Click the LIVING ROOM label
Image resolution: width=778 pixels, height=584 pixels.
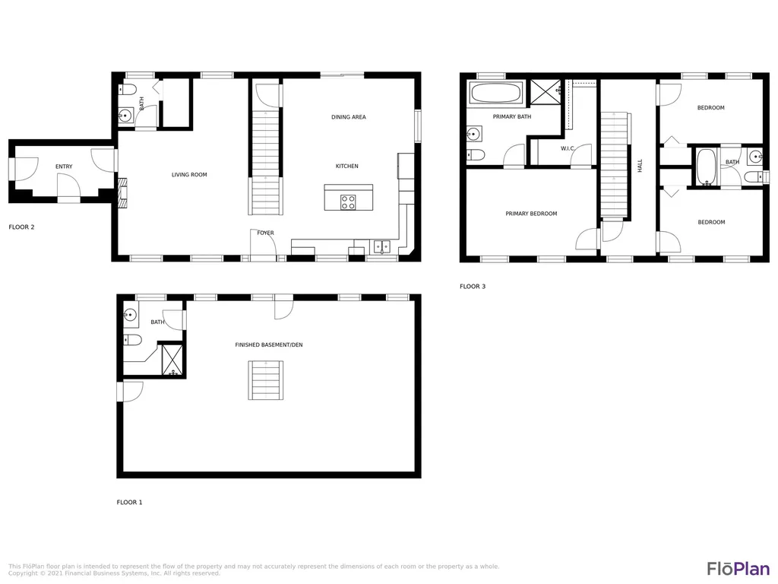[189, 175]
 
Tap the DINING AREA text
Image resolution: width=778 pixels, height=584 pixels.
[348, 117]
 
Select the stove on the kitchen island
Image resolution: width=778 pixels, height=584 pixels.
[348, 202]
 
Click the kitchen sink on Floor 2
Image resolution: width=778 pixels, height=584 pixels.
[381, 246]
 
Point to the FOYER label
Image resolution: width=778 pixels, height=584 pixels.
[265, 233]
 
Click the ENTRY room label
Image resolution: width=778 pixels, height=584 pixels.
[64, 167]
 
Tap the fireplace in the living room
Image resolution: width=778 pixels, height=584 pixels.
[122, 192]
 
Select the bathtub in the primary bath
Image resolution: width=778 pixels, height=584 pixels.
[495, 93]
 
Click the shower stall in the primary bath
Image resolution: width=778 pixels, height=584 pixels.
[546, 92]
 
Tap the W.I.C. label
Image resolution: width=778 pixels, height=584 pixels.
[568, 148]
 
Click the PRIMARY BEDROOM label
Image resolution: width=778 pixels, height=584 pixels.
[531, 214]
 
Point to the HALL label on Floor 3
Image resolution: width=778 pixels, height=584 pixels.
[640, 165]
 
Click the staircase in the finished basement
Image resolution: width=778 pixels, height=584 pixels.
[266, 380]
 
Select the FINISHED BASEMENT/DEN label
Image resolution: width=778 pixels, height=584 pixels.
[269, 344]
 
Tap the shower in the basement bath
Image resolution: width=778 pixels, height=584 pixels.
[172, 360]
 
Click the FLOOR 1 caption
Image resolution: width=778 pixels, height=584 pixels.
[129, 503]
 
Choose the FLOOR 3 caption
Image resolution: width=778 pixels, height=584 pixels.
[473, 287]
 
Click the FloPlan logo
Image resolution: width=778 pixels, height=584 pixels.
[738, 568]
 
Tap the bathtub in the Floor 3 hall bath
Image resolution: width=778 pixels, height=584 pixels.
[706, 167]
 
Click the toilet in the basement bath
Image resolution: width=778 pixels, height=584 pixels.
[132, 340]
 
